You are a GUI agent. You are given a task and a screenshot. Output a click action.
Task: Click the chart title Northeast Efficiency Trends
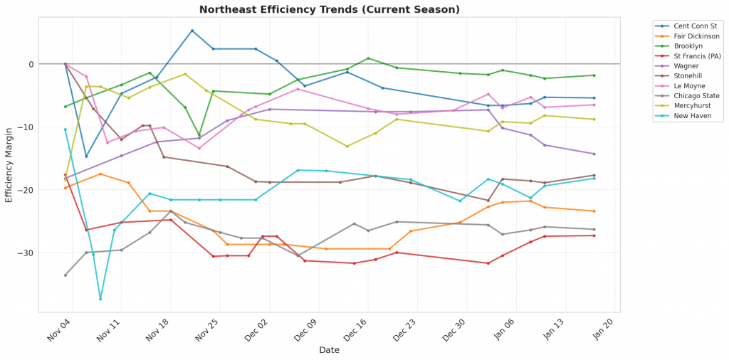(329, 10)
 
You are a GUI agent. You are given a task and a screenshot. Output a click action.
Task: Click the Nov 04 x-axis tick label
(58, 330)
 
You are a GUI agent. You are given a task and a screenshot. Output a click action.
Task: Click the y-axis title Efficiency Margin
(9, 164)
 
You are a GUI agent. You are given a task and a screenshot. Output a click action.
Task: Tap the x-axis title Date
(329, 350)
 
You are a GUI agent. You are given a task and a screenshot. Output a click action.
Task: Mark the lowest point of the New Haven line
(100, 299)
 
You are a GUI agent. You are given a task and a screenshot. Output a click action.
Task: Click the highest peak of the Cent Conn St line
(192, 31)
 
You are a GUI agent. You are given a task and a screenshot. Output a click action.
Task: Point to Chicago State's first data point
(65, 275)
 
